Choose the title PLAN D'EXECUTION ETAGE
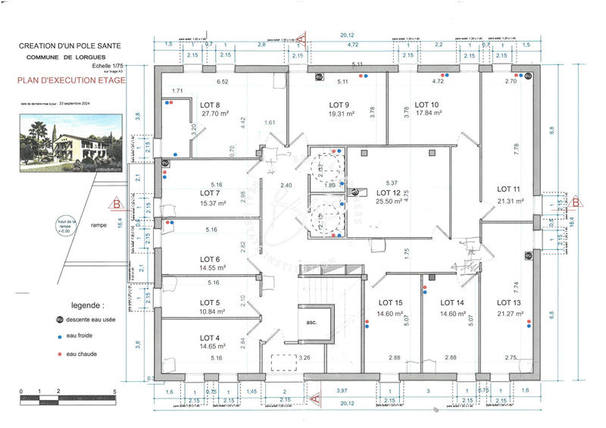72,79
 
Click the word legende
87,306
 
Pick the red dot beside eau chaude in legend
58,354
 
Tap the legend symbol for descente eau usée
58,320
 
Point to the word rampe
98,225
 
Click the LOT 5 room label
210,302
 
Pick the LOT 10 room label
426,105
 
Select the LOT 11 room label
509,189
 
